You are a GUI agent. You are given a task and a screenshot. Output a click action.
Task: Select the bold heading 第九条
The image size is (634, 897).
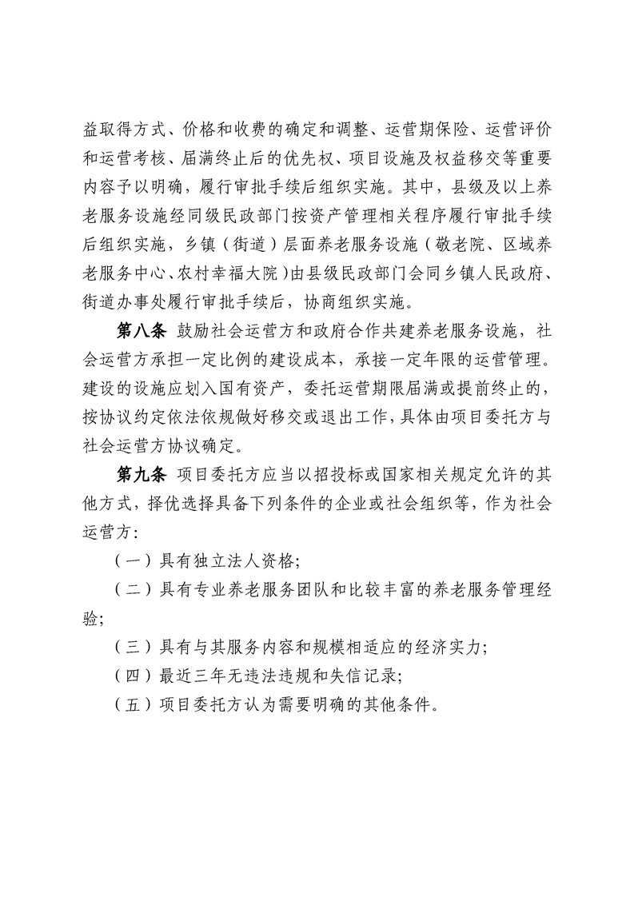pyautogui.click(x=141, y=476)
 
